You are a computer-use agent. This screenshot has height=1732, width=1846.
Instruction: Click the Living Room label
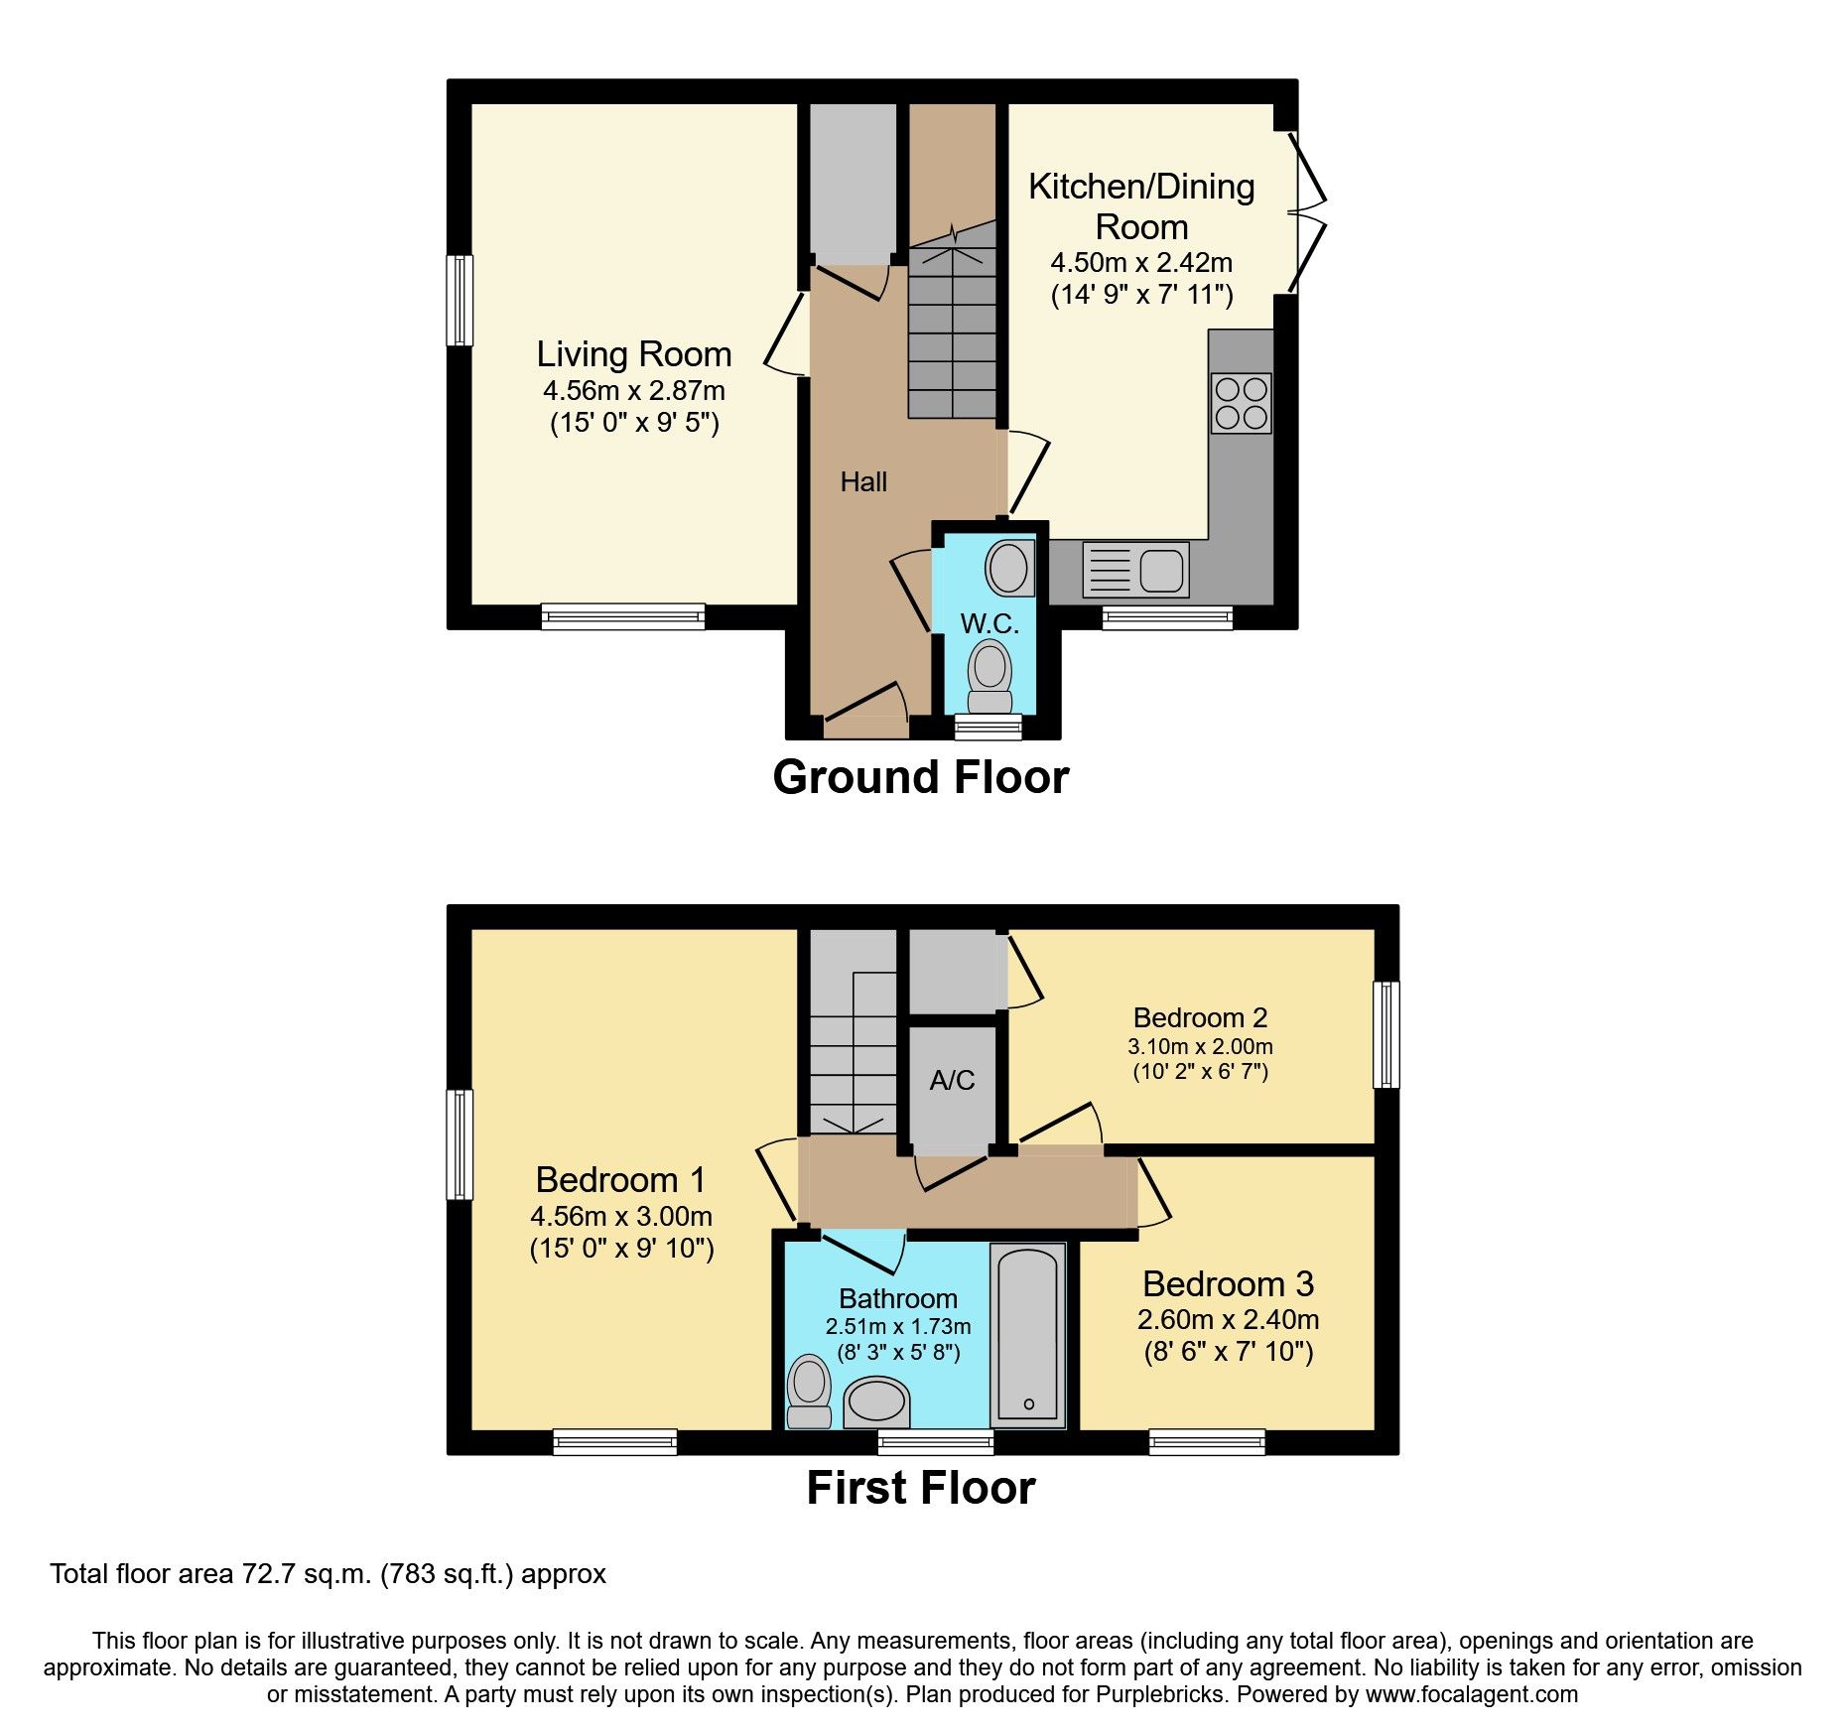click(633, 354)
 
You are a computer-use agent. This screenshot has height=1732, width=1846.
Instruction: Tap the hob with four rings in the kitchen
click(1241, 403)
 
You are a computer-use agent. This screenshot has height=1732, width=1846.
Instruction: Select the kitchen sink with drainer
click(1135, 570)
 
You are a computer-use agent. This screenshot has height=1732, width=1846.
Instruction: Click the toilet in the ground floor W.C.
click(989, 675)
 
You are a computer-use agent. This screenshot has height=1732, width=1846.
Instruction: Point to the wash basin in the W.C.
click(1008, 568)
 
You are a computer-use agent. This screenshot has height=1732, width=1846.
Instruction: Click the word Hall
click(863, 482)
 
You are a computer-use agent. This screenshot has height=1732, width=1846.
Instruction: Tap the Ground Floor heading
click(920, 777)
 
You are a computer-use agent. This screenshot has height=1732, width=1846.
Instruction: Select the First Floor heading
click(920, 1488)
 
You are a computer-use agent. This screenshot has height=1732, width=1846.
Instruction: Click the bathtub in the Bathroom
click(1028, 1335)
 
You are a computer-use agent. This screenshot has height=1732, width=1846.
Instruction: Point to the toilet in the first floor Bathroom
click(809, 1391)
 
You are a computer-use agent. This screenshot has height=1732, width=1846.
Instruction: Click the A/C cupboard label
click(952, 1080)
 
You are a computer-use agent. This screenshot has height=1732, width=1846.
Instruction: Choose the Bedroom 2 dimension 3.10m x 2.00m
click(1200, 1046)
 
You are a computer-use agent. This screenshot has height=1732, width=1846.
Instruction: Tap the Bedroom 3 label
click(1228, 1284)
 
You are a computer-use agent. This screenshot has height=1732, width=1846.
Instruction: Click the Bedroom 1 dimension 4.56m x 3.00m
click(621, 1216)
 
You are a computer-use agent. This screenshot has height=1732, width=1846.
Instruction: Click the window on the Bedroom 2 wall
click(1386, 1034)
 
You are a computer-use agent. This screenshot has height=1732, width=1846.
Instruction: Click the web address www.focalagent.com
click(1471, 1694)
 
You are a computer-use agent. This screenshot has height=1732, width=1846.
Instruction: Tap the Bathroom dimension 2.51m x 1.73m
click(898, 1327)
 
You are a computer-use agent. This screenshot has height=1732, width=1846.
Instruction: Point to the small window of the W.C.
click(988, 728)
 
